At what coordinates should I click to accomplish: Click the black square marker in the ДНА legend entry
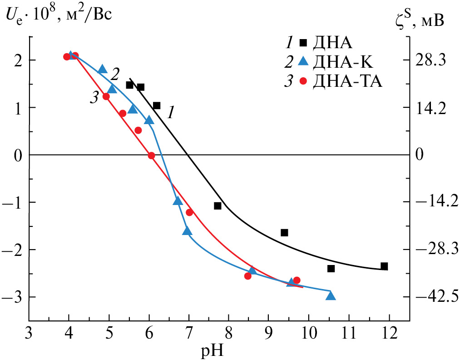point(303,43)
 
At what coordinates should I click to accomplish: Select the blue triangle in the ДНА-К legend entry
point(303,62)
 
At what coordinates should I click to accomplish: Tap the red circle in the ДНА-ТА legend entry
point(303,82)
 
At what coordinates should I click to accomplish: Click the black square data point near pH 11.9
point(384,266)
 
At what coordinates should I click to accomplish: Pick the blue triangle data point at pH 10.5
point(331,296)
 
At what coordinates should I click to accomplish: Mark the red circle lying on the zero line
point(152,155)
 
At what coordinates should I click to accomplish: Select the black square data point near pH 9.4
point(284,233)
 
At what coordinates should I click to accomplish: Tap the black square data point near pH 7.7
point(218,206)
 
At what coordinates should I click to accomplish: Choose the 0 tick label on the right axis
point(420,155)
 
